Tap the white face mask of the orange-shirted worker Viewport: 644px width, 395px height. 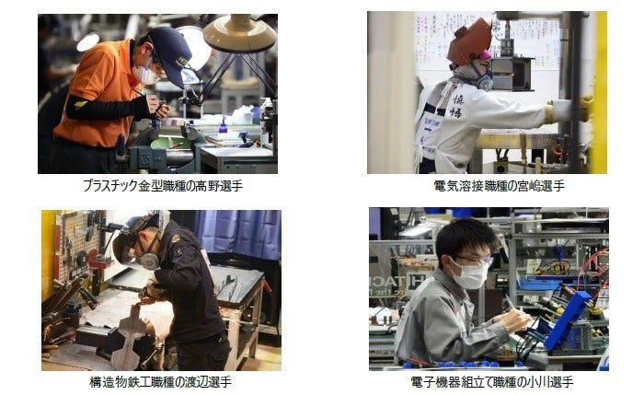click(145, 74)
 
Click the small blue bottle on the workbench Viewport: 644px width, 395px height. click(223, 128)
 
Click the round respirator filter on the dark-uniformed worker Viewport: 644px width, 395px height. click(147, 261)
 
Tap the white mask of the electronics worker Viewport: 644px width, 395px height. click(471, 273)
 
